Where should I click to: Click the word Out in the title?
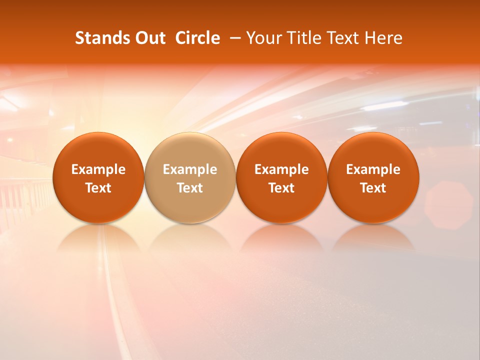[x=149, y=38]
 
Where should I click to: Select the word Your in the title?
[x=263, y=38]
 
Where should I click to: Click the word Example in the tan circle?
[x=190, y=169]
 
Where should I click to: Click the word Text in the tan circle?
[x=190, y=188]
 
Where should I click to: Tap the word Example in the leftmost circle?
[x=98, y=169]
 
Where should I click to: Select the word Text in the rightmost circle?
[x=373, y=188]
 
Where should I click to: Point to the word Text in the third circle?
[x=281, y=188]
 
